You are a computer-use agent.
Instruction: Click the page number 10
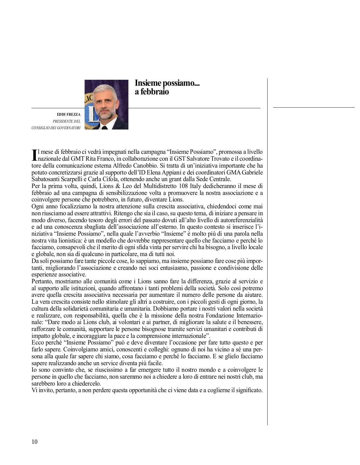coord(34,442)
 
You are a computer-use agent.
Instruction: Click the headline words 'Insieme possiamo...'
coord(167,83)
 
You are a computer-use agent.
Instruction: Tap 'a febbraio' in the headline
coord(152,91)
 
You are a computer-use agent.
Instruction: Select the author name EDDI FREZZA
coord(69,115)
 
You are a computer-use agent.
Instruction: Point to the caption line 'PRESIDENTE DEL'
coord(67,121)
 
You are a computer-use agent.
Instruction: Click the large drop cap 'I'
coord(34,155)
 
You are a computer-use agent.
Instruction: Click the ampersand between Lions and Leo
coord(118,186)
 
